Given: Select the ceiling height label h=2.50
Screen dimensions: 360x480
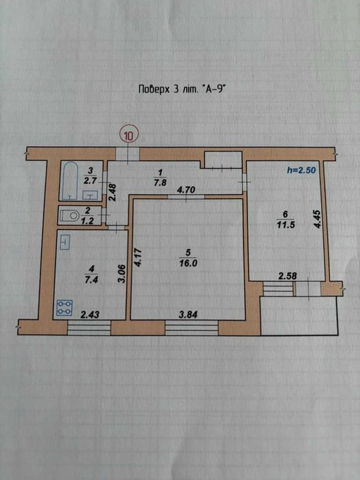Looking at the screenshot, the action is point(302,171).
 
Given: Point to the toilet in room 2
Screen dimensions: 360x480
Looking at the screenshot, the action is point(70,216).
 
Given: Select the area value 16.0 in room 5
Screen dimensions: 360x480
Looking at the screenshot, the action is point(188,263).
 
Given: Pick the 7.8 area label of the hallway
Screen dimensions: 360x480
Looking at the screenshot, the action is point(158,184).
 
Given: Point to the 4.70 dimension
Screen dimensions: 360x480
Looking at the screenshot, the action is point(186,190).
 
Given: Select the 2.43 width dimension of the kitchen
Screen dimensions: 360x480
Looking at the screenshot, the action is point(89,314).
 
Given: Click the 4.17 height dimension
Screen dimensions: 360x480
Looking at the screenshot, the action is point(138,258).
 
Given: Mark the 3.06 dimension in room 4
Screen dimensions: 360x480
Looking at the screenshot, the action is point(123,274).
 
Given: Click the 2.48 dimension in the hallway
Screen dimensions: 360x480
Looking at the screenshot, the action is point(112,192).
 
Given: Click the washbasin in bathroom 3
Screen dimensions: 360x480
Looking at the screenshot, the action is point(90,195).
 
